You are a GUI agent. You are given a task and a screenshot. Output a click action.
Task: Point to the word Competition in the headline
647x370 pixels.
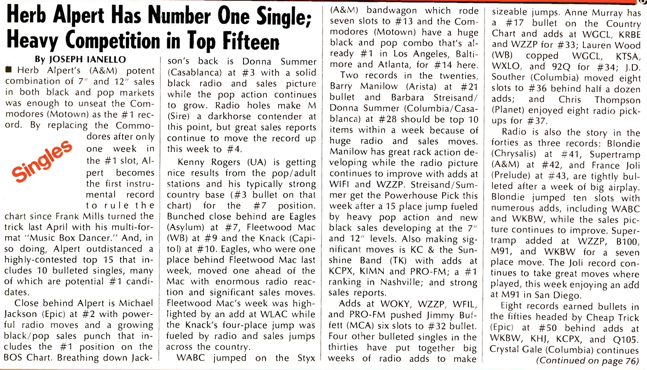click(x=112, y=41)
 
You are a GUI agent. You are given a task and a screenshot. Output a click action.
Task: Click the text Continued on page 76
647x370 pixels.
click(x=588, y=361)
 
